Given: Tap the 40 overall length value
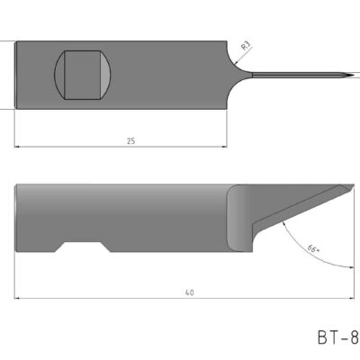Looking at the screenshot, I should (189, 292).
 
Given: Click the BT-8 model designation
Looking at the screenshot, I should (337, 339).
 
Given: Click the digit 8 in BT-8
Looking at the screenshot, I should (354, 339).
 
